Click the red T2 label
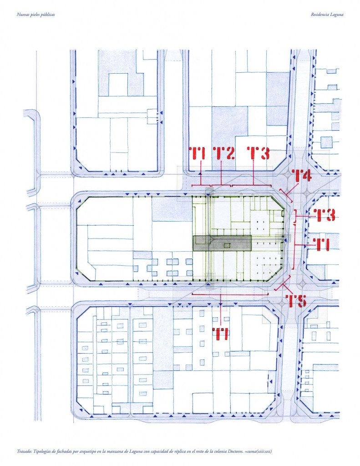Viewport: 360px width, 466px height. point(224,153)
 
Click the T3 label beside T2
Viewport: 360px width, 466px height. point(259,153)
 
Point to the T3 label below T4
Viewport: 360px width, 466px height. point(324,215)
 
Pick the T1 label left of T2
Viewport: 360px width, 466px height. point(197,153)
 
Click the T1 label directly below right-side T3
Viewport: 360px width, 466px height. point(322,244)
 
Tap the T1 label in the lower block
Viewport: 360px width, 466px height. point(222,334)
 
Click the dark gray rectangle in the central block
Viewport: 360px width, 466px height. point(223,243)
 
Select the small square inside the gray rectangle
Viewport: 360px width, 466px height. point(227,245)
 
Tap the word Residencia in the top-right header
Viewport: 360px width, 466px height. point(320,15)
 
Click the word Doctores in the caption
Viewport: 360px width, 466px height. point(235,451)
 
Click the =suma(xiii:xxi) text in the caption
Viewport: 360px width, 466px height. point(259,451)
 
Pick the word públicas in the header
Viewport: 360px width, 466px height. point(48,15)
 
